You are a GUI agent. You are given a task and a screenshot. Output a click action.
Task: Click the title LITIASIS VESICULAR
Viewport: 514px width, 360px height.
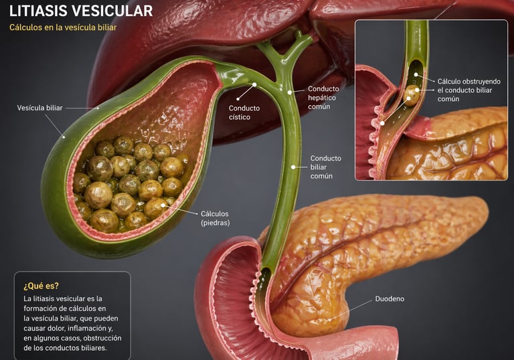pos(81,11)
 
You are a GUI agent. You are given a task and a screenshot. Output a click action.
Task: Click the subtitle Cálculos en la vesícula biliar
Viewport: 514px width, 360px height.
pos(63,27)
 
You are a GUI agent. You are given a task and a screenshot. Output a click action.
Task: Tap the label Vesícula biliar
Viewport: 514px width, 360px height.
pos(39,107)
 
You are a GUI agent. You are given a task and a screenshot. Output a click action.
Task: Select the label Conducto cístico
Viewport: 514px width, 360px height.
pos(244,112)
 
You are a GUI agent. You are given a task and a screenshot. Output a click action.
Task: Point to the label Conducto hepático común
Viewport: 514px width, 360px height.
pos(323,98)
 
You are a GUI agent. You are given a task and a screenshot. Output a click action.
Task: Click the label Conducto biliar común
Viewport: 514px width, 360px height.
pos(325,167)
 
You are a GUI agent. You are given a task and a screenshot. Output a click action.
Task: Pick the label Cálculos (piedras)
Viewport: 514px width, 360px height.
pos(215,218)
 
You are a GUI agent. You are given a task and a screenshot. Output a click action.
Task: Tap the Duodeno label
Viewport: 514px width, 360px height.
pos(390,298)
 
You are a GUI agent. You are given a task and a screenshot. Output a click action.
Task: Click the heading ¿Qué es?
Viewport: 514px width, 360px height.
pos(41,285)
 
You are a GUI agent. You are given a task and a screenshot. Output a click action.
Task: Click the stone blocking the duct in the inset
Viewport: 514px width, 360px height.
pos(412,95)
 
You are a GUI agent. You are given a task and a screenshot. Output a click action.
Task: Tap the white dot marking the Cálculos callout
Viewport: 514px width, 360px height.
pos(163,205)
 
